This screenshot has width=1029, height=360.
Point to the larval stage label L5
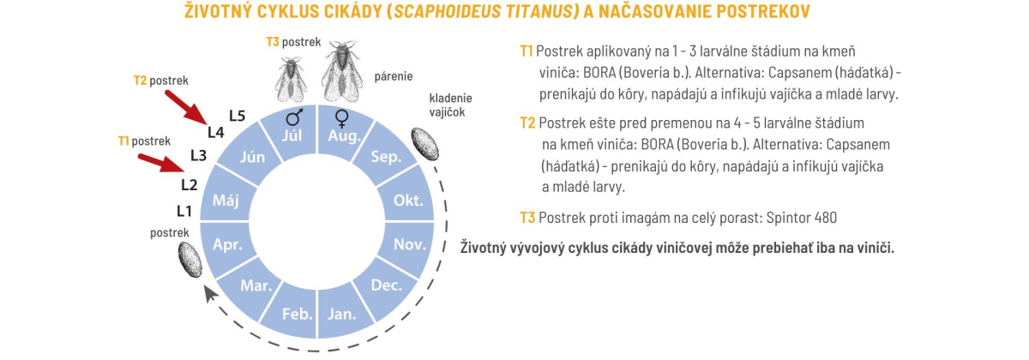(238, 115)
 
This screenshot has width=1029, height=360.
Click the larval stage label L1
(184, 211)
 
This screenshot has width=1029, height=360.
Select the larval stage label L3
(198, 155)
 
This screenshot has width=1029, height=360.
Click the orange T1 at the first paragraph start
(527, 51)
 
